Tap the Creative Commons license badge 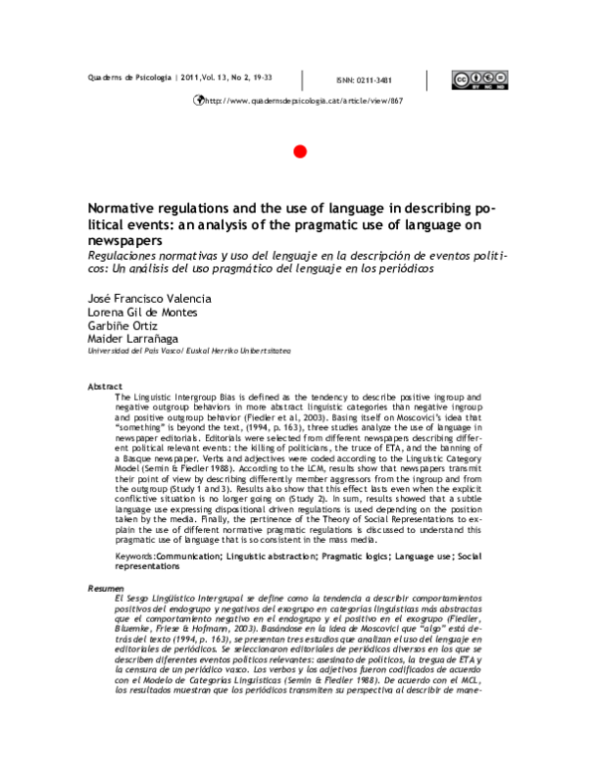tap(475, 80)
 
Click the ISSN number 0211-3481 tap(366, 81)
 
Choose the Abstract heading tap(105, 385)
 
